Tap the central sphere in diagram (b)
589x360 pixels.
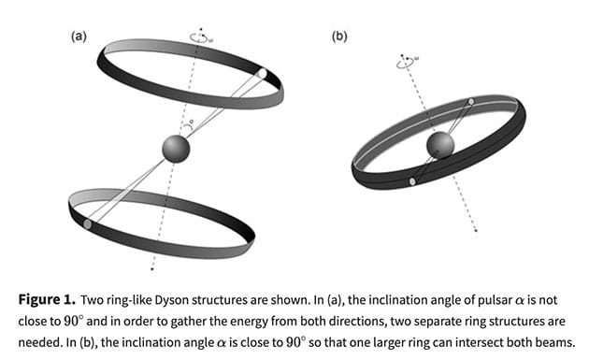[440, 144]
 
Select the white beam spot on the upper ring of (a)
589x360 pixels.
[263, 73]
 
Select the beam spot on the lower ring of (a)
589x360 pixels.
[88, 224]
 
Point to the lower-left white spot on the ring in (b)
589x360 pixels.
[412, 180]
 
